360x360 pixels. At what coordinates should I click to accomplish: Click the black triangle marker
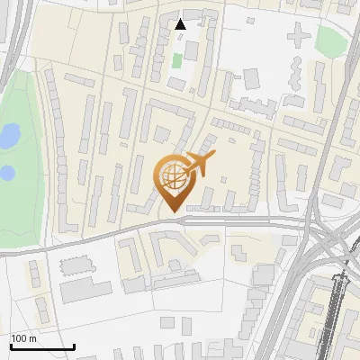(181, 24)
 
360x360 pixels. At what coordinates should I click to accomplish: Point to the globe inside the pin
(172, 175)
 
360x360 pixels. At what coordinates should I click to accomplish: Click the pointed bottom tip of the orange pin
(171, 211)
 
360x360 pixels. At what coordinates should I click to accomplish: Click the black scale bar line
(41, 346)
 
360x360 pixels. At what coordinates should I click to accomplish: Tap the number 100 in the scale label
(19, 338)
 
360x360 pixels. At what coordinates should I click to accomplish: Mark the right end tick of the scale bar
(74, 345)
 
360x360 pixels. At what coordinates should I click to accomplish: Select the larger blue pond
(8, 137)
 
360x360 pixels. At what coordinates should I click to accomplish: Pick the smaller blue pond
(6, 171)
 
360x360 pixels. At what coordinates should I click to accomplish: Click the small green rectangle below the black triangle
(177, 60)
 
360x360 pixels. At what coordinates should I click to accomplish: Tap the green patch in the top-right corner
(331, 40)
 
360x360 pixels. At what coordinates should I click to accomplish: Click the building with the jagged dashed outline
(77, 266)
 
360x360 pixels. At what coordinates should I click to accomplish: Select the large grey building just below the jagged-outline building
(85, 290)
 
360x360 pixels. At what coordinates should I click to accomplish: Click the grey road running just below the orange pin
(207, 220)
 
